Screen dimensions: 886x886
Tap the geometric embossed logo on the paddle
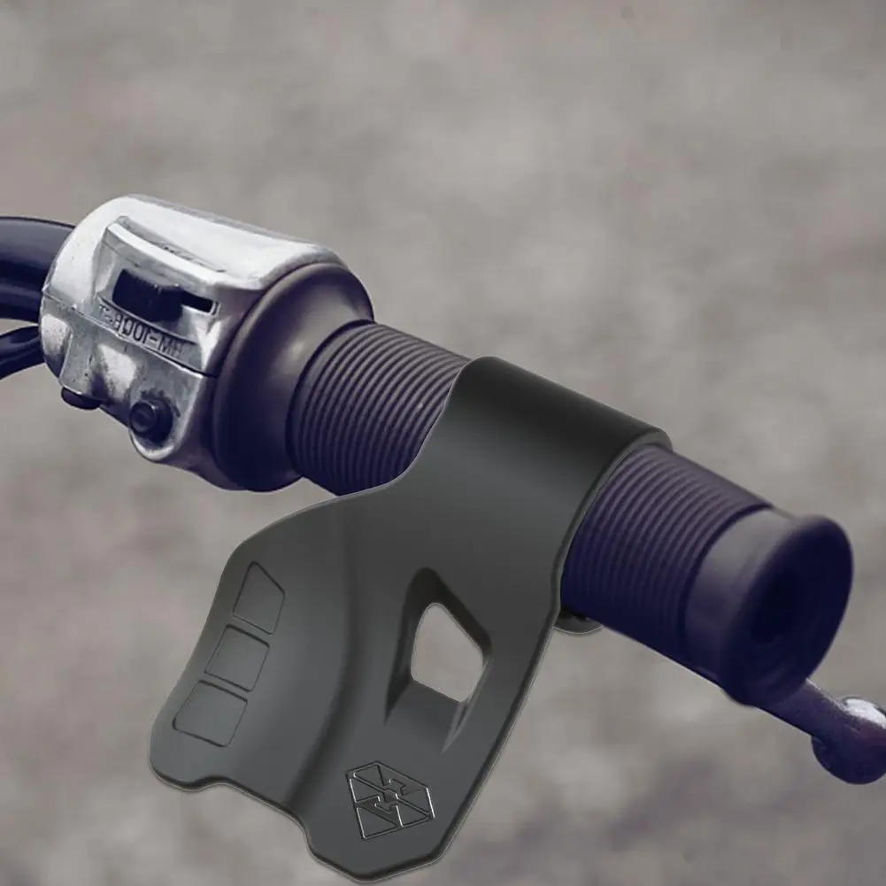coord(389,801)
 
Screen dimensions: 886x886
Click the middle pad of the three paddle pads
coord(237,658)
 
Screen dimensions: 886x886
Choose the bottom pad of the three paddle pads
coord(211,713)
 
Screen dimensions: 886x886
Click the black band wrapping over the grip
coord(531,425)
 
